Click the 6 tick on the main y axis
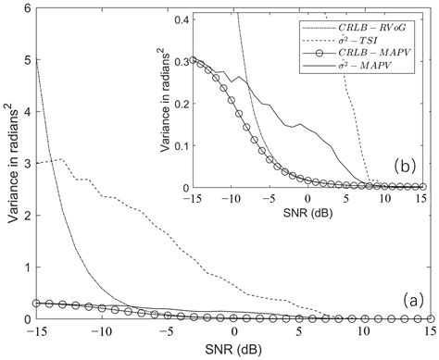[x=24, y=8]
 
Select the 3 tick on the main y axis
[x=24, y=164]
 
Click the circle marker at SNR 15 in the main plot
[x=429, y=318]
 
